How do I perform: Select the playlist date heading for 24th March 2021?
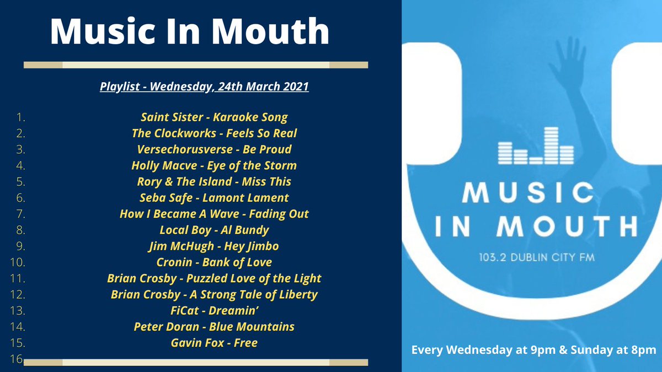(x=204, y=87)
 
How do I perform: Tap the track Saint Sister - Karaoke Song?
(x=214, y=117)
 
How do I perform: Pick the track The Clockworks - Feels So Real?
(x=214, y=133)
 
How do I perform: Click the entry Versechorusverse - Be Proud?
(x=214, y=149)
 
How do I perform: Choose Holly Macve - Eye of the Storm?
(x=214, y=165)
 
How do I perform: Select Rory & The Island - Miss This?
(x=214, y=181)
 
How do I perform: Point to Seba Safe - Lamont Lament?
(x=214, y=197)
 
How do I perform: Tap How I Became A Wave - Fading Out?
(x=214, y=214)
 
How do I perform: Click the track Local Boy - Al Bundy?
(x=214, y=230)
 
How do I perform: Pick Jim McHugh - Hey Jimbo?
(x=214, y=246)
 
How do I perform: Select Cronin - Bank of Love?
(x=214, y=262)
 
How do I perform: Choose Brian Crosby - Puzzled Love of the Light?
(x=214, y=278)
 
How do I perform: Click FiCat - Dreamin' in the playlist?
(x=214, y=311)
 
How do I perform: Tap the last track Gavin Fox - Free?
(x=214, y=343)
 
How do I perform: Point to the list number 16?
(x=15, y=359)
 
